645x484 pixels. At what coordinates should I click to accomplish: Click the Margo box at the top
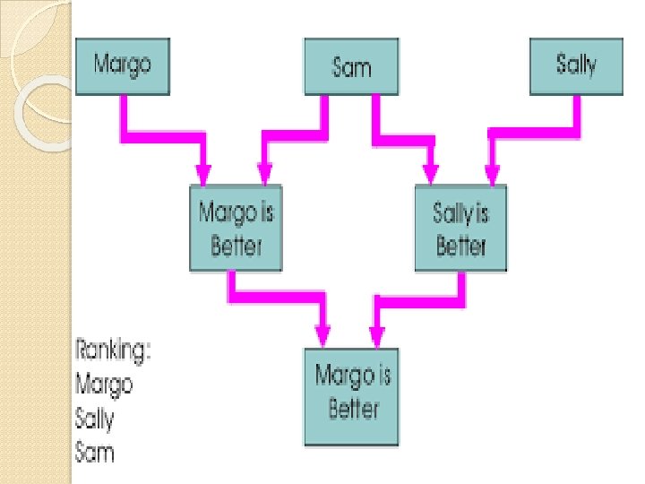(122, 65)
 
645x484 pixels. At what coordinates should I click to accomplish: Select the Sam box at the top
(351, 66)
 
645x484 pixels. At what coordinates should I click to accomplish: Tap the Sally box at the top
(575, 65)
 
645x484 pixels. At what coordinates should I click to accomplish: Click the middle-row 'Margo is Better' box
(235, 228)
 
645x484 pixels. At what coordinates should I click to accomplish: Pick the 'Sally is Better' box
(460, 228)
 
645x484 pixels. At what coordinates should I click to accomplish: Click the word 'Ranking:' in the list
(113, 350)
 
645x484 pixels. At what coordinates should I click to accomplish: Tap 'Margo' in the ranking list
(104, 384)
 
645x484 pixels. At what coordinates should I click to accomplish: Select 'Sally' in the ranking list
(95, 418)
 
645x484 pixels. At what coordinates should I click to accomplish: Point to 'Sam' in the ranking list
(95, 451)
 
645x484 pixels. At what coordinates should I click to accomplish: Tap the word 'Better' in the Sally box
(460, 245)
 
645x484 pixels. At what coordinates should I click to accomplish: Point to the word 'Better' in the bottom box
(353, 410)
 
